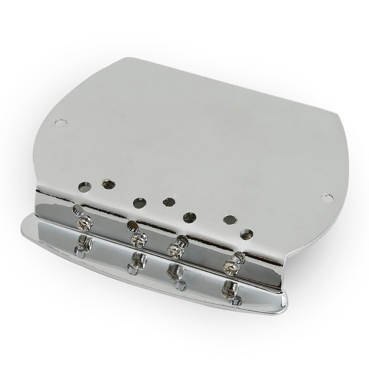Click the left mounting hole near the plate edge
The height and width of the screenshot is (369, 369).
point(61,123)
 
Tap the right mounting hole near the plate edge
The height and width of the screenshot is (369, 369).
point(326,197)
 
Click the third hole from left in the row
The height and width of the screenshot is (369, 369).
point(139,203)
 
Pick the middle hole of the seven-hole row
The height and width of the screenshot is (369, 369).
point(168,202)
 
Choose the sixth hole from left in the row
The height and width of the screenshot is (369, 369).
point(229,219)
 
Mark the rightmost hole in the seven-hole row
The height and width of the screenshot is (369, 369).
point(247,234)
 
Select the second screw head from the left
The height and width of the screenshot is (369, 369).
point(138,239)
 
